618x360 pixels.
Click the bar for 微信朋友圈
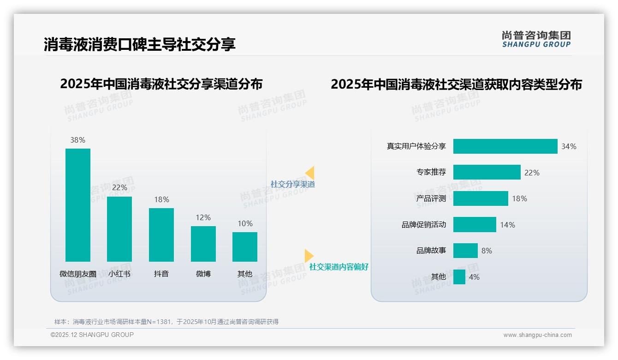tap(77, 205)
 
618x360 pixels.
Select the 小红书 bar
tap(119, 229)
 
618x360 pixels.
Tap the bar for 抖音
tap(161, 234)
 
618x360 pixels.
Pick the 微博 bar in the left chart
tap(203, 244)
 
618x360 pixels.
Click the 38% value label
tap(77, 140)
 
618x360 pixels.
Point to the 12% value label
tap(203, 217)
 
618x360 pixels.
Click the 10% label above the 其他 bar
tap(245, 223)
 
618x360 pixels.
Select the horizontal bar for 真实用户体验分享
tap(505, 146)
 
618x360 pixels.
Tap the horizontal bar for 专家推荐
tap(487, 172)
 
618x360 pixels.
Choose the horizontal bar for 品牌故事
tap(465, 251)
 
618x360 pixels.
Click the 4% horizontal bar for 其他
tap(459, 277)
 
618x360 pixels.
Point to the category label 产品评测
tap(431, 198)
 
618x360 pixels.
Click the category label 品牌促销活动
tap(423, 225)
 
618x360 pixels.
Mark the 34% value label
tap(569, 146)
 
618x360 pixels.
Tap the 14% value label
tap(507, 225)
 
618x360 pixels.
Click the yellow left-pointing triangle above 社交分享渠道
tap(310, 173)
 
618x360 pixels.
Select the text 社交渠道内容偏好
tap(339, 267)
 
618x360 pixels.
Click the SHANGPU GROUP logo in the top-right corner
tap(536, 39)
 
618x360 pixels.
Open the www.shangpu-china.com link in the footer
tap(537, 335)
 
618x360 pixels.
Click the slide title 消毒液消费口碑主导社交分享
tap(140, 44)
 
